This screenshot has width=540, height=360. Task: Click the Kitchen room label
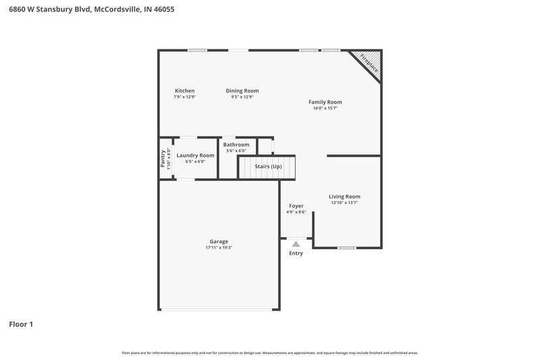click(184, 91)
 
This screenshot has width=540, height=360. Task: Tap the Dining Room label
click(242, 91)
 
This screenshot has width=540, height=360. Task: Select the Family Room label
click(325, 102)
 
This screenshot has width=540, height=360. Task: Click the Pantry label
click(163, 159)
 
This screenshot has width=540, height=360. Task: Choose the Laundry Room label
click(195, 155)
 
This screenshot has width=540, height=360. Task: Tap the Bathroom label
click(236, 145)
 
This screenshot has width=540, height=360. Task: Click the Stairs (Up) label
click(267, 166)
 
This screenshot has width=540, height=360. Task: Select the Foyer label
click(296, 205)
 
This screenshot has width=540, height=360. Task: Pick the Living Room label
click(344, 197)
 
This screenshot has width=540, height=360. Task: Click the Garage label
click(219, 241)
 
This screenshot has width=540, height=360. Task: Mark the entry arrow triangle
click(296, 244)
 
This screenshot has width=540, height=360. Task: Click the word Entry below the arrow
click(296, 253)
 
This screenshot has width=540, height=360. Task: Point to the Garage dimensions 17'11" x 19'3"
click(219, 248)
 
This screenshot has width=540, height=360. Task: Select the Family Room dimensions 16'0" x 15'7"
click(325, 108)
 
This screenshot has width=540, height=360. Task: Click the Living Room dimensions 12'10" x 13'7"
click(344, 203)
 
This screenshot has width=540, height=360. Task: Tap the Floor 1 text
click(21, 324)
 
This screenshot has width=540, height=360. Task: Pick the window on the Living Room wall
click(347, 248)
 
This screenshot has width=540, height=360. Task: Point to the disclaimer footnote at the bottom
click(269, 353)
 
